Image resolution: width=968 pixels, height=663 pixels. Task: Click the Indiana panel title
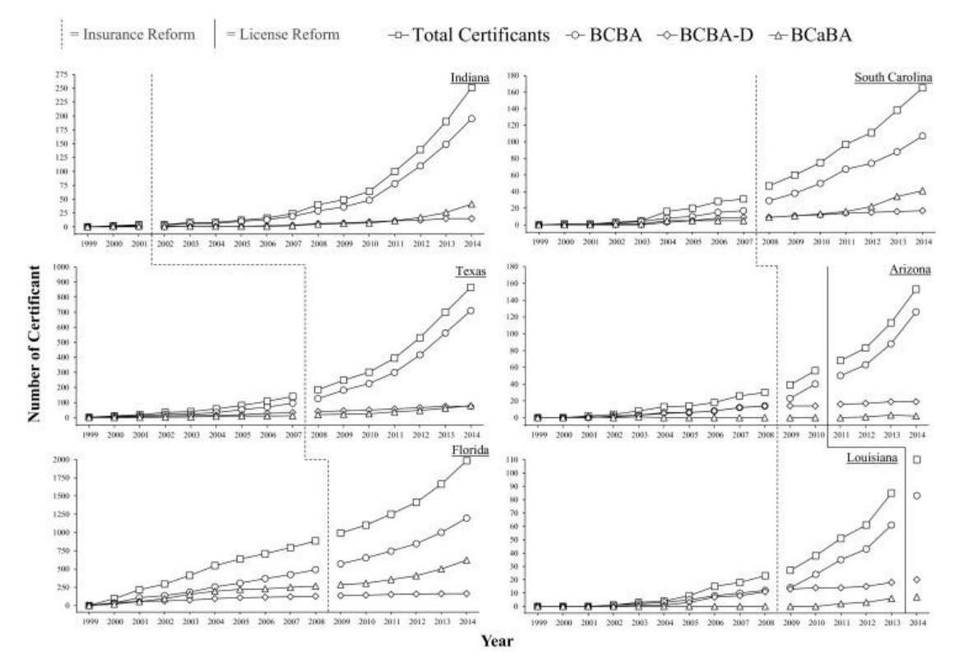(x=470, y=77)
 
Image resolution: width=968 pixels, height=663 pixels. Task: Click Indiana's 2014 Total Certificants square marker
(x=471, y=87)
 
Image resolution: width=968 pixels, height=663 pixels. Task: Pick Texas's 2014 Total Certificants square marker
(x=470, y=287)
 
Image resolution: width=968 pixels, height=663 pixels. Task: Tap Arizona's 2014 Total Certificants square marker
(x=915, y=290)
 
